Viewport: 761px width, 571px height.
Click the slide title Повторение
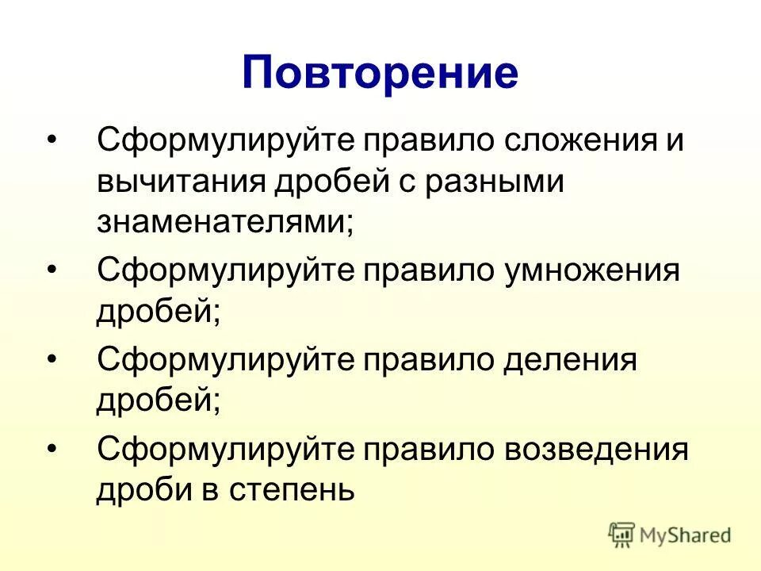[380, 72]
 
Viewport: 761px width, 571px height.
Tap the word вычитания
[181, 183]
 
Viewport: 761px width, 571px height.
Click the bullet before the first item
[52, 141]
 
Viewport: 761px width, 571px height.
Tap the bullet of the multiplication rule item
[52, 271]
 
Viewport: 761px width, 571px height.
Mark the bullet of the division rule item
[52, 360]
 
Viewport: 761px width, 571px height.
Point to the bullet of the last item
[52, 449]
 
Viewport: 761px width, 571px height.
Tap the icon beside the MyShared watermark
[622, 535]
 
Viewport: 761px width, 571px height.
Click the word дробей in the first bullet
[327, 183]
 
